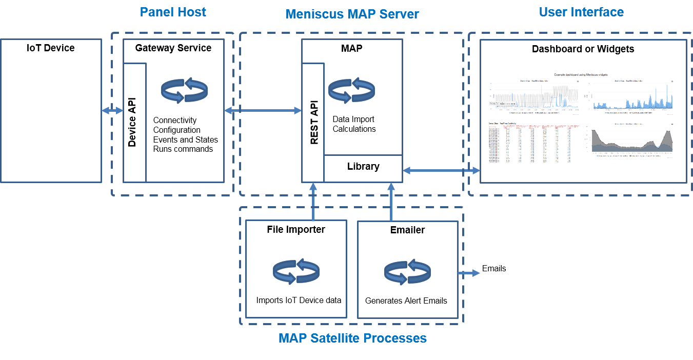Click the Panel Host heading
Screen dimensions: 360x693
(173, 12)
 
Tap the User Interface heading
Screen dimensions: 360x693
(581, 12)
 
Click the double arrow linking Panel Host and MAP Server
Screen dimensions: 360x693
(263, 110)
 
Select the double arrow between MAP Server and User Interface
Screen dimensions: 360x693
(441, 170)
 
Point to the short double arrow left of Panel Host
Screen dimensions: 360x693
(112, 110)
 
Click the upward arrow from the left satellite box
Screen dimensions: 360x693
(313, 202)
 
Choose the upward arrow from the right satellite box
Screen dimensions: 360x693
(391, 202)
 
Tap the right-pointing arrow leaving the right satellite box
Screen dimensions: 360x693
(468, 273)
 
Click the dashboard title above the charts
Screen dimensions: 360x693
(581, 75)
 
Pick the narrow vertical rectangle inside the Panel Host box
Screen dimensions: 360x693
(135, 123)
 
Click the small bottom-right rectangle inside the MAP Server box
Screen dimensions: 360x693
(363, 168)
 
